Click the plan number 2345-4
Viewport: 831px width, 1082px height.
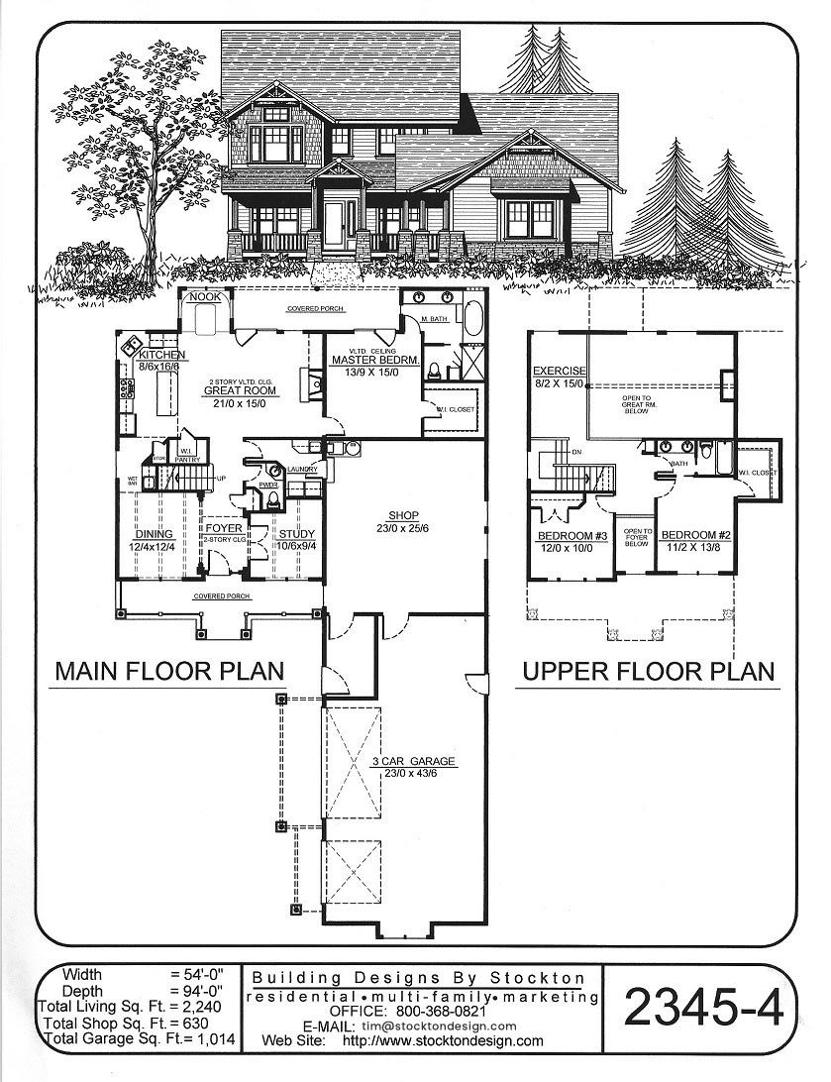pyautogui.click(x=703, y=1009)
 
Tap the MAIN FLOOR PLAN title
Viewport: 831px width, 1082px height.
pyautogui.click(x=169, y=671)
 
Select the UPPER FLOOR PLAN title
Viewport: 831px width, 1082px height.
pyautogui.click(x=648, y=671)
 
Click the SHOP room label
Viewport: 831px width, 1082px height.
pyautogui.click(x=403, y=516)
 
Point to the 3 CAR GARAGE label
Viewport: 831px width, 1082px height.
pyautogui.click(x=413, y=761)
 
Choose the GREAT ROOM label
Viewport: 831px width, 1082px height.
pyautogui.click(x=240, y=391)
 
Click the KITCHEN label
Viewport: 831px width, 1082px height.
pyautogui.click(x=161, y=356)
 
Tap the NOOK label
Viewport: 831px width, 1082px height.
pyautogui.click(x=206, y=296)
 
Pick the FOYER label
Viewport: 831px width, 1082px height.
pyautogui.click(x=224, y=529)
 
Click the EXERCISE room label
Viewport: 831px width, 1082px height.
pyautogui.click(x=559, y=371)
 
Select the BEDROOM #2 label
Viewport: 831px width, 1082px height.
pyautogui.click(x=696, y=536)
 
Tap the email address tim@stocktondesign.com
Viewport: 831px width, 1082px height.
pyautogui.click(x=439, y=1027)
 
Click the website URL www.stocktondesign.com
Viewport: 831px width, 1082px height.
pyautogui.click(x=445, y=1041)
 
